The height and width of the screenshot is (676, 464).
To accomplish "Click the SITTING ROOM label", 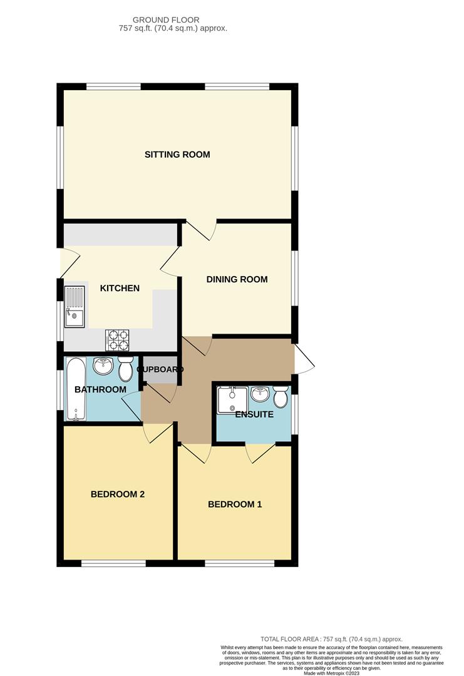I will click(x=177, y=155).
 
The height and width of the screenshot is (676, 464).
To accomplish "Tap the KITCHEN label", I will click(x=120, y=289).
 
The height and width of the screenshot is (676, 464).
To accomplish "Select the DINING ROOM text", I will click(x=237, y=280).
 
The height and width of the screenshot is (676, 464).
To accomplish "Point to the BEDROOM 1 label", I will click(x=235, y=504).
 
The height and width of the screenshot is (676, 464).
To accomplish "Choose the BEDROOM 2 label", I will click(x=118, y=494).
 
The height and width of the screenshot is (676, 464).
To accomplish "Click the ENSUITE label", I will click(x=254, y=414).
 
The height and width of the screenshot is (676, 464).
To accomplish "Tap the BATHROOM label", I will click(x=100, y=390).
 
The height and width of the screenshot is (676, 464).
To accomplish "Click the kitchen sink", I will click(x=75, y=307).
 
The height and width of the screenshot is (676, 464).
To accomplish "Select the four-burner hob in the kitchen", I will click(x=119, y=339).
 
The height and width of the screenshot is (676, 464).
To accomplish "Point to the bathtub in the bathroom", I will click(x=75, y=389).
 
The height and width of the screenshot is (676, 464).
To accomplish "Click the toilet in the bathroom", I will click(x=126, y=369).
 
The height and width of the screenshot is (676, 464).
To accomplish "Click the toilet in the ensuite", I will click(x=280, y=396).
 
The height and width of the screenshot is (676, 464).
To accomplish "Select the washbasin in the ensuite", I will click(x=260, y=394).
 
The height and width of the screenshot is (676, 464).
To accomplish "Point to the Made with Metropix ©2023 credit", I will click(x=332, y=673).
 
